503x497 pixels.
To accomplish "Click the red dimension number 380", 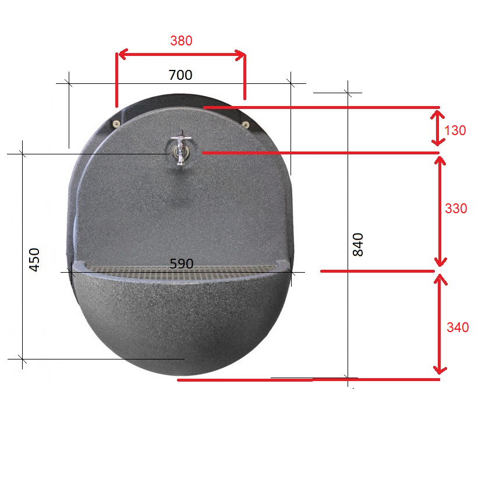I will (x=181, y=41).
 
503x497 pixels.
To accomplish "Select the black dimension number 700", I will (x=180, y=75).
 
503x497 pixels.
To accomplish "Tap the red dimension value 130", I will (x=455, y=131).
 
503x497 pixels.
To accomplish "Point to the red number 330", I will (x=456, y=209).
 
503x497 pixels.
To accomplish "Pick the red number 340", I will (x=458, y=327).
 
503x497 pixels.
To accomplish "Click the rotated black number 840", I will (x=358, y=245).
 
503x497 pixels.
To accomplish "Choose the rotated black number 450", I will (x=34, y=259).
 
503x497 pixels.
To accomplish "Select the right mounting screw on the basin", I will (x=246, y=124).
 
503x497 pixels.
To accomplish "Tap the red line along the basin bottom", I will (x=309, y=380).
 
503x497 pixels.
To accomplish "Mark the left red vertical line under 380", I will (x=116, y=82).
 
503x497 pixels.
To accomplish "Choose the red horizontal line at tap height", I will (x=320, y=153).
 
